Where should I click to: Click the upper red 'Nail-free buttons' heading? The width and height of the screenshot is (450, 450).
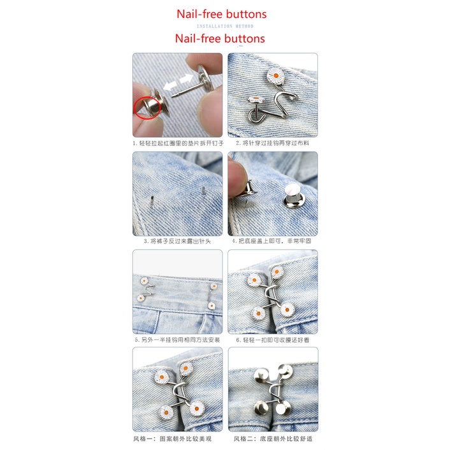221,13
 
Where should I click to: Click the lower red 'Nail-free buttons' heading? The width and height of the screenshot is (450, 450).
220,38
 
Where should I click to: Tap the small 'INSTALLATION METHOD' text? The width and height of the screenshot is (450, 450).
224,26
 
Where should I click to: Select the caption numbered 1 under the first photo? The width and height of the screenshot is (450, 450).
177,143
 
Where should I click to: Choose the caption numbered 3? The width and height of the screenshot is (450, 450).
177,241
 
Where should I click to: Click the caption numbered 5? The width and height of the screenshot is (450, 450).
177,340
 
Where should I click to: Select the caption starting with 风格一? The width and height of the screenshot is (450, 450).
177,439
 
